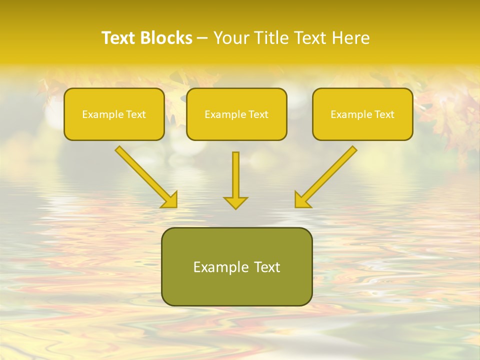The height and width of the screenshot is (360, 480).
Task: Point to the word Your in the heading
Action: coord(230,38)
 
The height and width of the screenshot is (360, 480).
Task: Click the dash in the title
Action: coord(202,38)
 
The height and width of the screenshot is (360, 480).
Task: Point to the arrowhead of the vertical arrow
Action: coord(235,202)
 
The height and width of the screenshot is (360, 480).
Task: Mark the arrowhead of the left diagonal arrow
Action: coord(170,200)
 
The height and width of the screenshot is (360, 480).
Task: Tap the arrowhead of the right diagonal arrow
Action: coord(301,200)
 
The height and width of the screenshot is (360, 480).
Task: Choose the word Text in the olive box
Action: coord(265,267)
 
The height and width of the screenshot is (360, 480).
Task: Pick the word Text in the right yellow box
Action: coord(384,114)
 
